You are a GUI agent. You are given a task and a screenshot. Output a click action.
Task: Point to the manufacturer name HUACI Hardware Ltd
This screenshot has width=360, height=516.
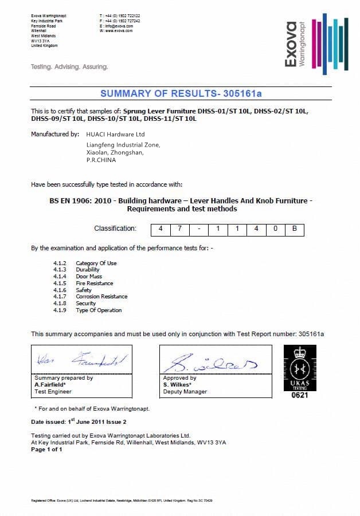[x=115, y=134]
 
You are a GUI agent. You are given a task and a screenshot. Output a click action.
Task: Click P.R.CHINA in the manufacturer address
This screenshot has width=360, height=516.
[x=101, y=160]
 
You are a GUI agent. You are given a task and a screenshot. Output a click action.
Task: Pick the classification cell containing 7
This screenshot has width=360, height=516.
[x=179, y=229]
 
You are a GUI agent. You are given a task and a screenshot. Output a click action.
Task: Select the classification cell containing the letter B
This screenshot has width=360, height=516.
[x=294, y=229]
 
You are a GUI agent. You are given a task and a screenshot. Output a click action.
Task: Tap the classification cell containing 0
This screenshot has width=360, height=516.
[x=275, y=229]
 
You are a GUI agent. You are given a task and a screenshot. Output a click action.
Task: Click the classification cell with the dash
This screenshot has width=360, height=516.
[x=199, y=229]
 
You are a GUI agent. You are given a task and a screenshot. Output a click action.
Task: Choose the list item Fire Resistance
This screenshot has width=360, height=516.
[x=95, y=283]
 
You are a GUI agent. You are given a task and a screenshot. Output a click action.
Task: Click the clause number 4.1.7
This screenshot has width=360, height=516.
[x=60, y=297]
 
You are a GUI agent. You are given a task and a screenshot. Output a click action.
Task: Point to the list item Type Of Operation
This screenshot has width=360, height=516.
[x=99, y=310]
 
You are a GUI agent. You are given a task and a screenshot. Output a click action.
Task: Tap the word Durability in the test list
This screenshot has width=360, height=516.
[x=88, y=270]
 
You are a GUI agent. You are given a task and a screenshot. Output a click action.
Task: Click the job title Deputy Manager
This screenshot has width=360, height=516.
[x=185, y=392]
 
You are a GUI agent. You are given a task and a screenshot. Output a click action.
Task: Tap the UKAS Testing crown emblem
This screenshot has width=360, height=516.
[x=299, y=367]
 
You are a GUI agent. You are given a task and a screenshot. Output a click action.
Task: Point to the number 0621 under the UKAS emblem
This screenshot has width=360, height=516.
[x=299, y=395]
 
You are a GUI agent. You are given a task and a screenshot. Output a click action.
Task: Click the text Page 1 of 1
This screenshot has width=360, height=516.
[x=46, y=450]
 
